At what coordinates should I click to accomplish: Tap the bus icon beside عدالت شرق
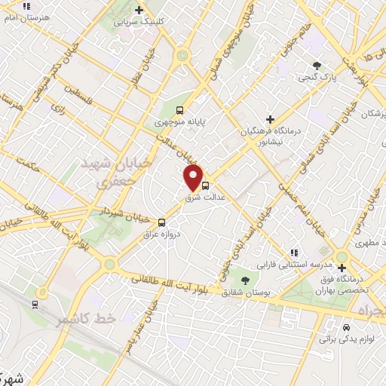(x=206, y=183)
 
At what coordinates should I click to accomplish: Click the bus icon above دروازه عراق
(x=162, y=222)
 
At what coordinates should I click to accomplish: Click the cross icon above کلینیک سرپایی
(x=138, y=10)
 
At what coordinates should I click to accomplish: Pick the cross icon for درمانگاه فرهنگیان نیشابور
(x=270, y=118)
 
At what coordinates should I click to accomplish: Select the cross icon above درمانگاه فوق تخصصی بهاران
(x=342, y=268)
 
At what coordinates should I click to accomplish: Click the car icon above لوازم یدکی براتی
(x=345, y=328)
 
